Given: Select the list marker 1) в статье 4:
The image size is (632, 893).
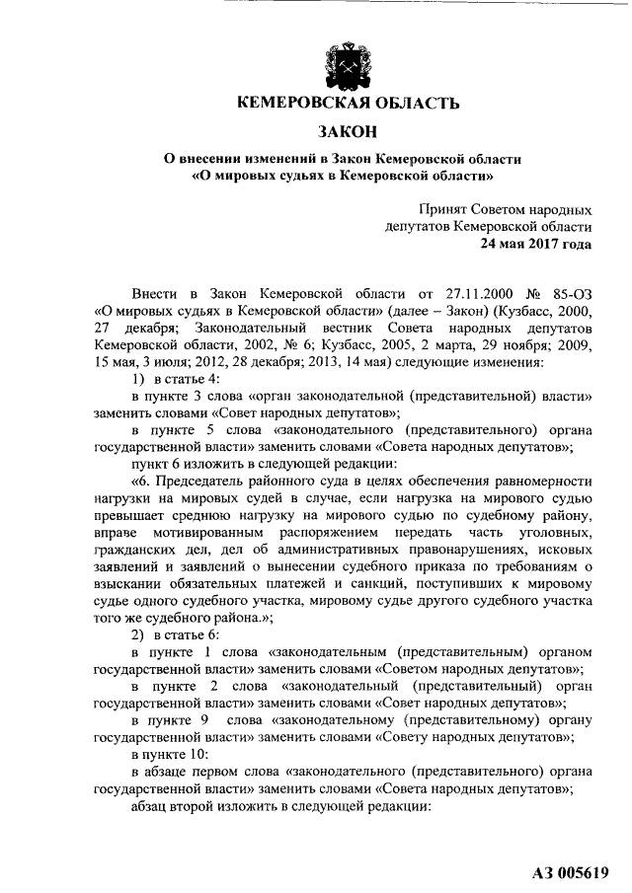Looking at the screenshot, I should point(178,380).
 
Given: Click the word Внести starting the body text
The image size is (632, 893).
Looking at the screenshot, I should point(157,294).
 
